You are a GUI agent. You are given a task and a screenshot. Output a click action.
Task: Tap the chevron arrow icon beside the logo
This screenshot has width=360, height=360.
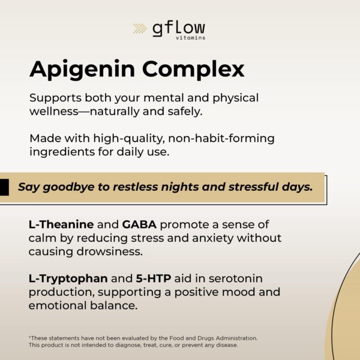click(140, 28)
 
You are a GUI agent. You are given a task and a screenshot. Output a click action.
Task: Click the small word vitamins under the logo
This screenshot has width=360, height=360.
click(191, 38)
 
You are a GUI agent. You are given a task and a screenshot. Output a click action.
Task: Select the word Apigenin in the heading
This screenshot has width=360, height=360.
click(82, 70)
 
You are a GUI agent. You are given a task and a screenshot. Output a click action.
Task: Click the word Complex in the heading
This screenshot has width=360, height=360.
click(193, 70)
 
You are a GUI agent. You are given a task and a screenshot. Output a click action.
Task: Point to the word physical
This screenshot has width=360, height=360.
click(236, 98)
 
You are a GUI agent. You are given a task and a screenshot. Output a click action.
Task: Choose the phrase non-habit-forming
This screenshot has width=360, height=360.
click(221, 139)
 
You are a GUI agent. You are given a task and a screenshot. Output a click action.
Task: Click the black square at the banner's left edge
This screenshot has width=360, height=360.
click(4, 187)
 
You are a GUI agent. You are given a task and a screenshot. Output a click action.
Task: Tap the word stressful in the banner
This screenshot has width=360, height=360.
click(253, 187)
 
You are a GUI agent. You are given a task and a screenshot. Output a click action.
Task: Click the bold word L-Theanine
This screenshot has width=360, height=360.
click(61, 224)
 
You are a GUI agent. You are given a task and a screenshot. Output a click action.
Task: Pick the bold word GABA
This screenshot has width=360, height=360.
click(139, 224)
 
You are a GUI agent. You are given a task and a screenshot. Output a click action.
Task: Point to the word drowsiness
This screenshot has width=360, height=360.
click(110, 251)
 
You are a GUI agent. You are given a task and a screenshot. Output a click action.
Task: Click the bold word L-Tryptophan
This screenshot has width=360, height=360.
click(68, 279)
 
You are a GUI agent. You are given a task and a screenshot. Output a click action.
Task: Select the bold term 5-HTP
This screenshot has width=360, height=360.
click(154, 278)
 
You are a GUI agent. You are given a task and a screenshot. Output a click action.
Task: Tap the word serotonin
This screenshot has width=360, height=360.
click(236, 279)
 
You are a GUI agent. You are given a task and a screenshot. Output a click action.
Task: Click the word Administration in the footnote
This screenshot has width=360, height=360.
click(237, 338)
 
